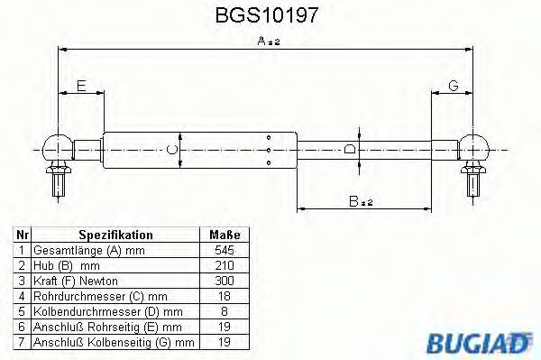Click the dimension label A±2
tap(270, 41)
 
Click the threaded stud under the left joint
tap(59, 186)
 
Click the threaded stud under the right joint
tap(472, 186)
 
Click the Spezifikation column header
tap(115, 234)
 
